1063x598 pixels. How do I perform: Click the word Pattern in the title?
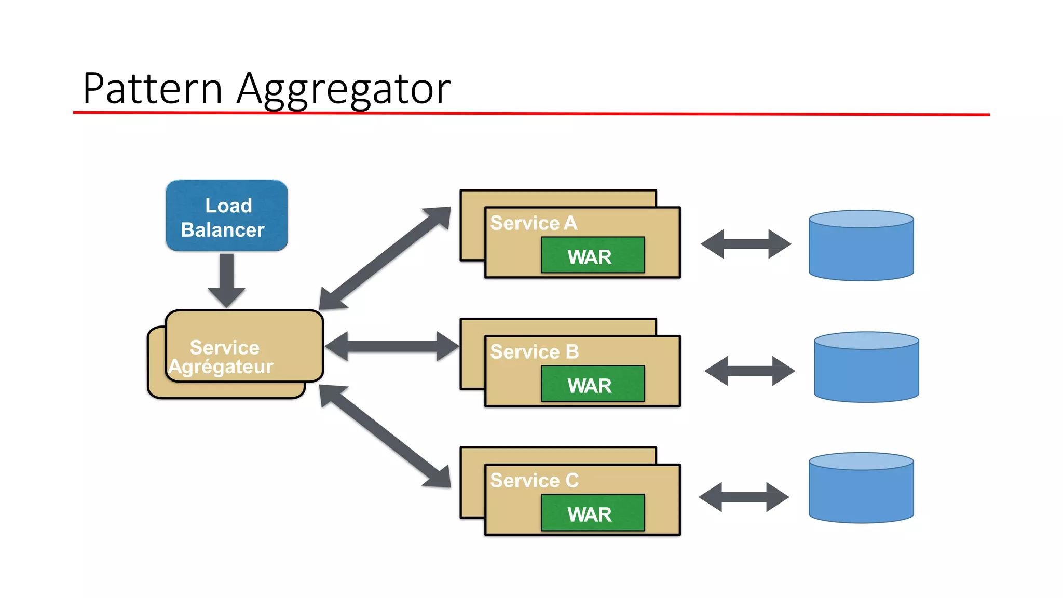click(153, 89)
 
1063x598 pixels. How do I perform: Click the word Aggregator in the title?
click(343, 90)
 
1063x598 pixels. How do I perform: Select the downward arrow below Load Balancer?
click(227, 280)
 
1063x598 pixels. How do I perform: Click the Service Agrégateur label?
click(223, 357)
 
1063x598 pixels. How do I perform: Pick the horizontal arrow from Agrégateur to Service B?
click(392, 346)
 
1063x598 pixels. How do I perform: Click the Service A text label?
click(533, 223)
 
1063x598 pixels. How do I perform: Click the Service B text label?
click(534, 352)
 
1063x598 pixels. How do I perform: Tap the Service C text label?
click(534, 481)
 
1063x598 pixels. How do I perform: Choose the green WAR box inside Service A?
click(592, 255)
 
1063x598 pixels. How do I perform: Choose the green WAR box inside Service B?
click(592, 384)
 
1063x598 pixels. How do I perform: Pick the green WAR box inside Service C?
click(592, 513)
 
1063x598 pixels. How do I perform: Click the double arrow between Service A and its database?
click(745, 244)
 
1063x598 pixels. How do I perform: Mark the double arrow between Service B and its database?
click(749, 371)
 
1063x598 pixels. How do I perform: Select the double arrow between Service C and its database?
click(744, 497)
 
